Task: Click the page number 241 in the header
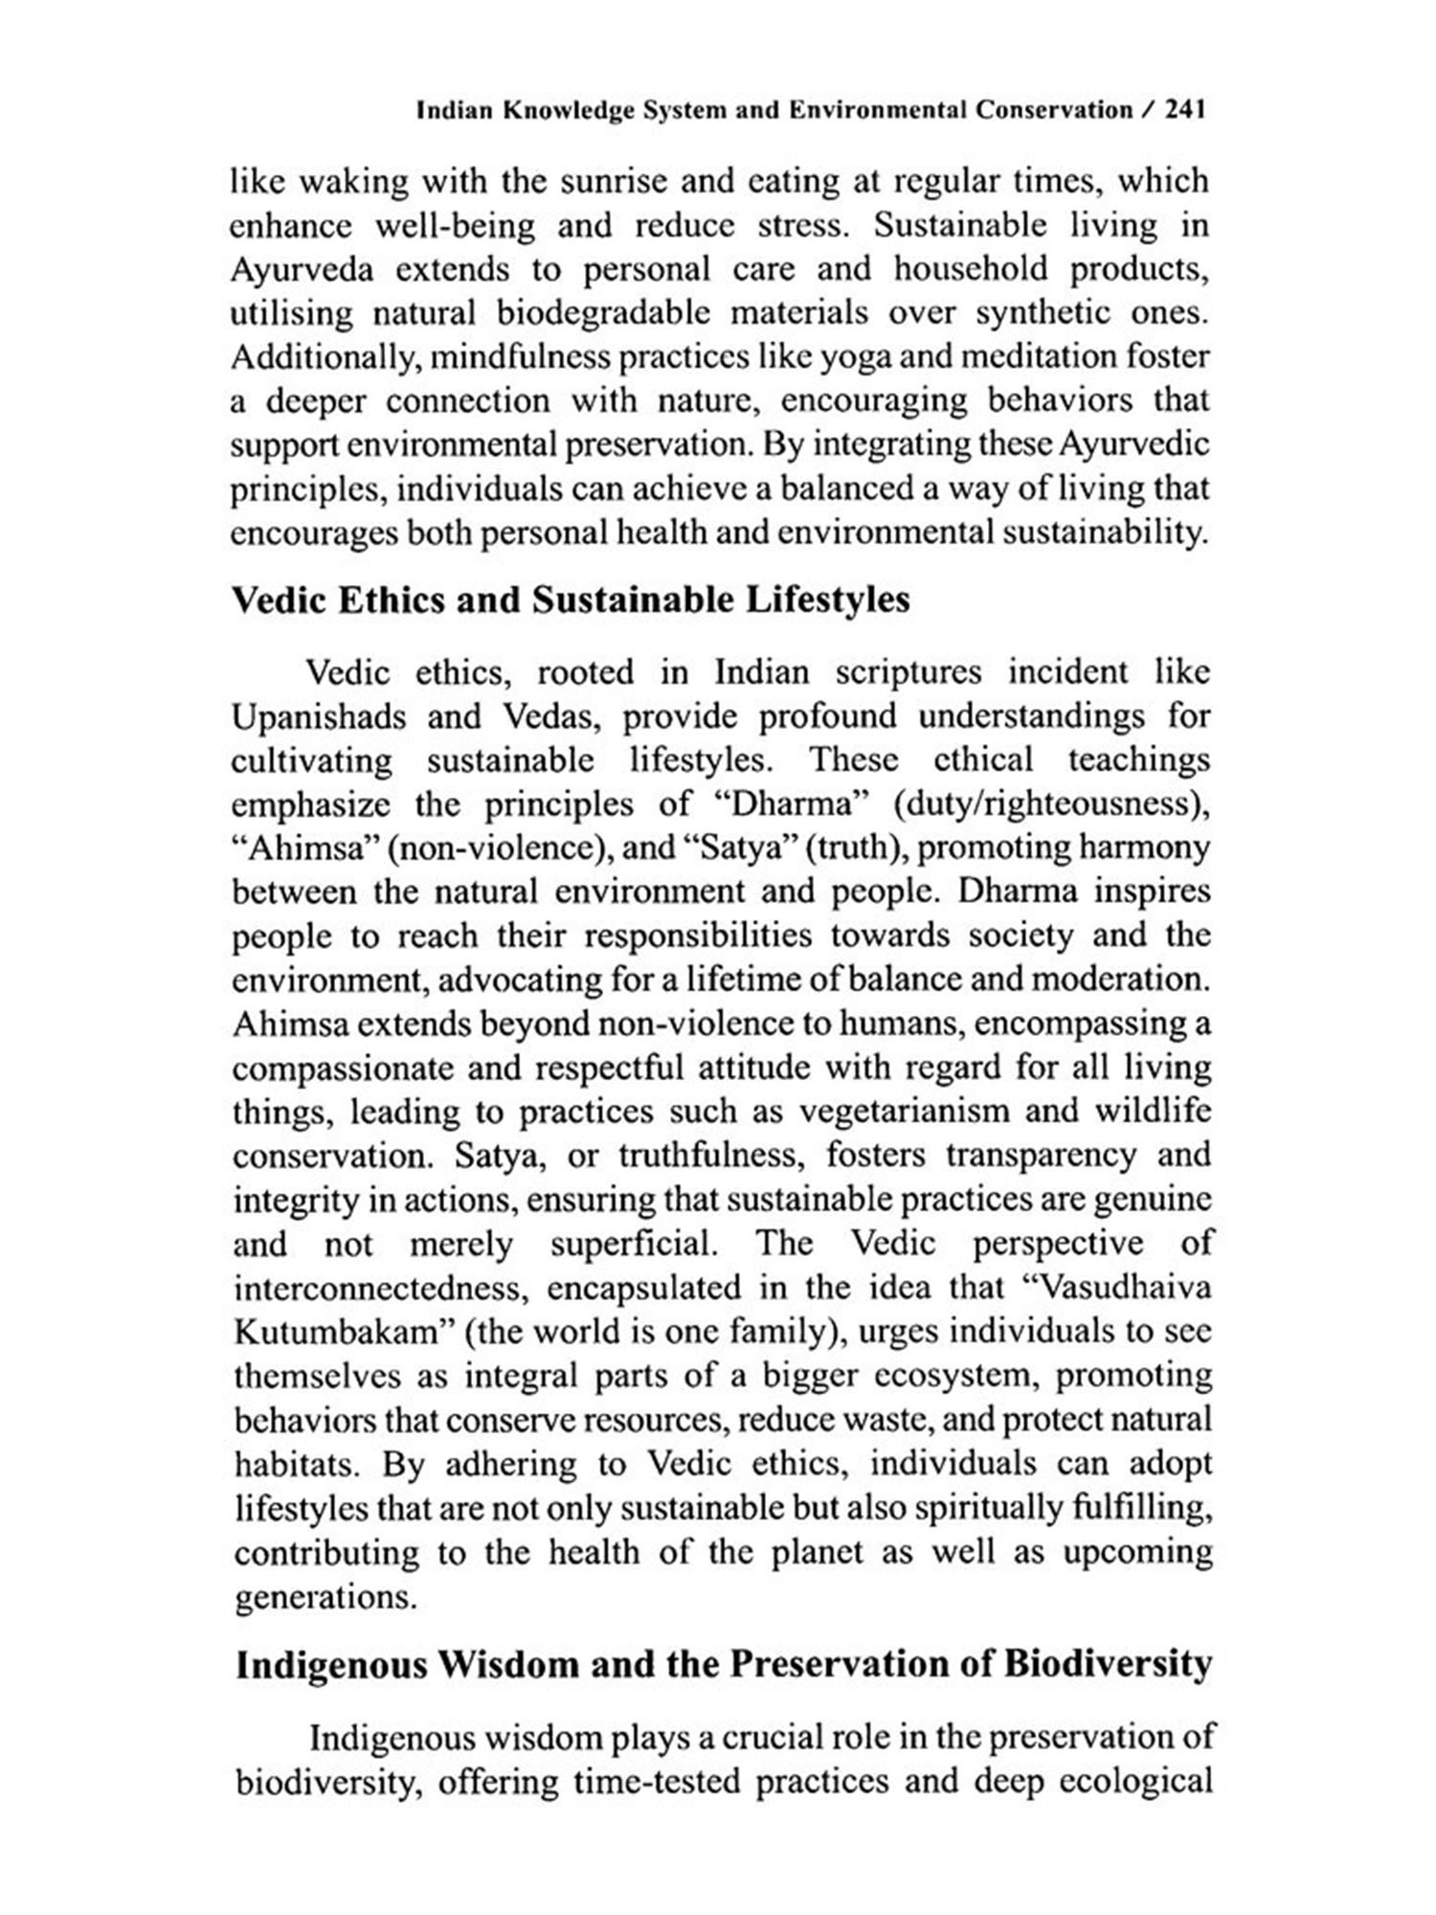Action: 1184,110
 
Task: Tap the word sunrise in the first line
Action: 612,181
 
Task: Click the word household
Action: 971,269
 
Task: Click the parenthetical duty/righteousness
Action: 1050,804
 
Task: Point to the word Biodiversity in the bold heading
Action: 1108,1665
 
